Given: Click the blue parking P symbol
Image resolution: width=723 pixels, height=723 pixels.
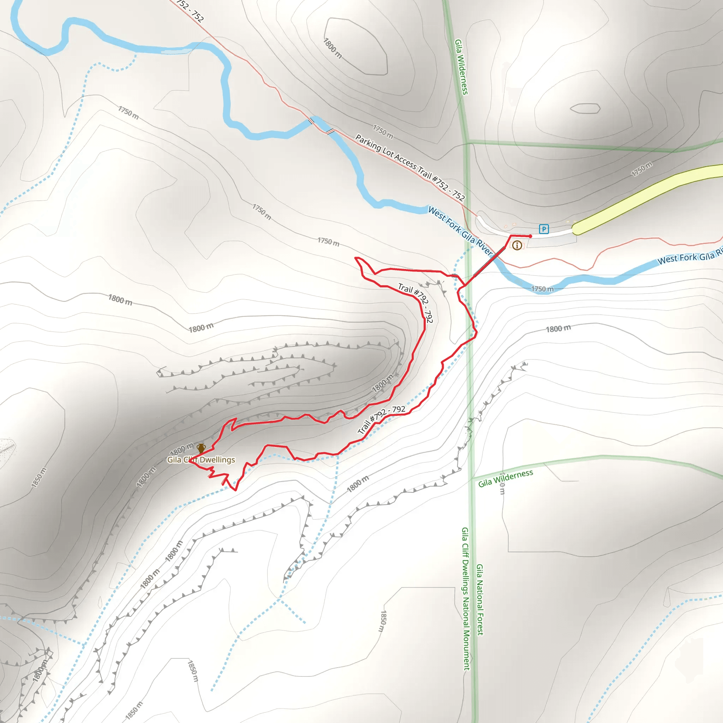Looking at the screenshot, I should [x=544, y=229].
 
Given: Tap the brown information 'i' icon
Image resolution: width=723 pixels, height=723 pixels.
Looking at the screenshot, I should [x=517, y=245].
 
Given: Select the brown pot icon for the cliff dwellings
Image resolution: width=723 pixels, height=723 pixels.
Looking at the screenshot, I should [x=201, y=448].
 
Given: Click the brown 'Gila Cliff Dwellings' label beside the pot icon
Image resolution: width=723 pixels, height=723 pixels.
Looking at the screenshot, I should [x=201, y=460].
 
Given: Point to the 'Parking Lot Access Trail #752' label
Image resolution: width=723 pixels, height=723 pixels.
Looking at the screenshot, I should [x=410, y=168].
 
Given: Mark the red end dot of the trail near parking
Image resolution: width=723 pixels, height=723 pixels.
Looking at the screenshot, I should [x=530, y=236].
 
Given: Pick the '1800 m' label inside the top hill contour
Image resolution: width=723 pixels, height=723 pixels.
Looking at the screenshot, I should [x=332, y=48].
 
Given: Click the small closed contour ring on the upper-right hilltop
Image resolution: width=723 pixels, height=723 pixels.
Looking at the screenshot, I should [x=585, y=108].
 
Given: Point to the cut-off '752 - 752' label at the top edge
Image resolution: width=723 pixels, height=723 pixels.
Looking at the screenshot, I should [x=190, y=11].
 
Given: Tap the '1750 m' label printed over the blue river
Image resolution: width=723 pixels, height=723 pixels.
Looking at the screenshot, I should [x=542, y=289].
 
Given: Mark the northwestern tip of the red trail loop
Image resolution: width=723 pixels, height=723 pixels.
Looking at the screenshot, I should [x=355, y=258].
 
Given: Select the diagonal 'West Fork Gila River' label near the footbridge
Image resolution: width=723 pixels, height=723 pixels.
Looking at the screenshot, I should [x=460, y=231].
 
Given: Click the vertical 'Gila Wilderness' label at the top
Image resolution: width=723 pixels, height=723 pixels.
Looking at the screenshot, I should [x=461, y=67].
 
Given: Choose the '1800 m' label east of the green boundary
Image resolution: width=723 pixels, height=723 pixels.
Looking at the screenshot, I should [x=558, y=329].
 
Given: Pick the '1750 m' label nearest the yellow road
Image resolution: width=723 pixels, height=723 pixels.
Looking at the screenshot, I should [x=641, y=169].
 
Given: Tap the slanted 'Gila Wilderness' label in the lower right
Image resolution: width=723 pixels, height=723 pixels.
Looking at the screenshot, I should [x=505, y=479].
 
